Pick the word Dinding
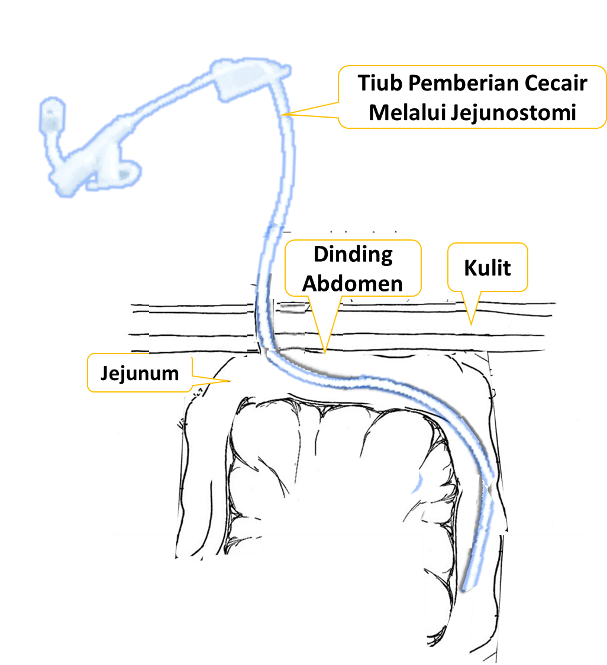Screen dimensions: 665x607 353,254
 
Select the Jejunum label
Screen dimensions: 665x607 140,373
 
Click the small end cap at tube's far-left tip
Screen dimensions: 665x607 51,112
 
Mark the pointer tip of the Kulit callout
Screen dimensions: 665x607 472,325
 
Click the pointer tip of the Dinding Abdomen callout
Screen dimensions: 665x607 325,351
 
